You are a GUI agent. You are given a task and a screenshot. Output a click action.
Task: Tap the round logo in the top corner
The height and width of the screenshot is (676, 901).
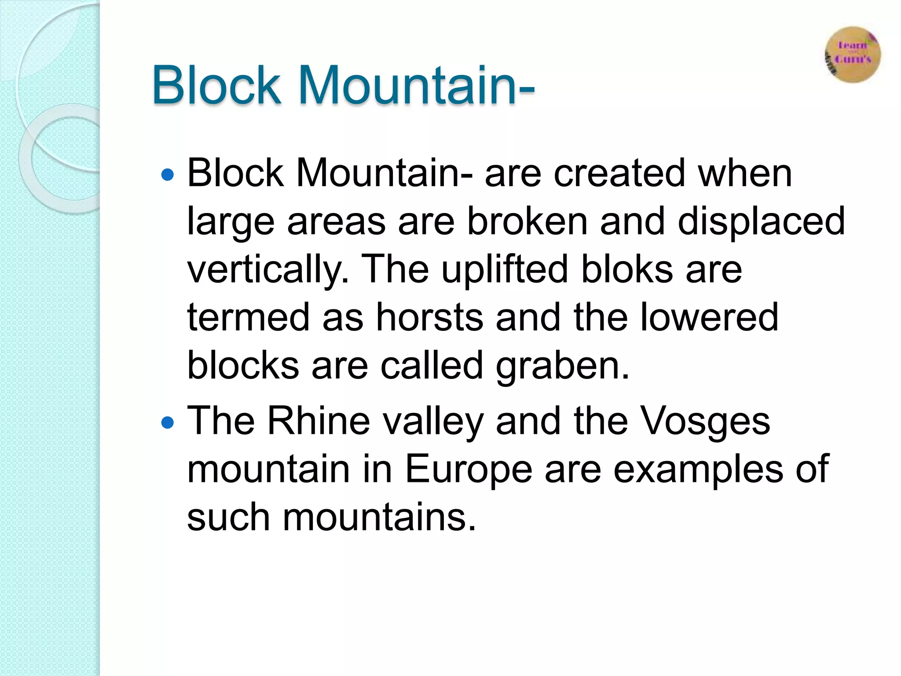coord(853,55)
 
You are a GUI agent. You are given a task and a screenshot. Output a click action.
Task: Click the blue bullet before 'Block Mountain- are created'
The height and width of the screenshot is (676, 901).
coord(168,175)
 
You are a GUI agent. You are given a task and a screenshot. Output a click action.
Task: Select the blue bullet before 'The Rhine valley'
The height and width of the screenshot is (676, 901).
coord(168,423)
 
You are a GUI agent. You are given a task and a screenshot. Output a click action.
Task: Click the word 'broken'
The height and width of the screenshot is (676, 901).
coord(527,221)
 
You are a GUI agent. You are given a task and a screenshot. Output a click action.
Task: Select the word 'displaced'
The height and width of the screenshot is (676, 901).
coord(761,221)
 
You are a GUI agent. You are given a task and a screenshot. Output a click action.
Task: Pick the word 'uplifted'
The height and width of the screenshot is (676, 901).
coord(505,269)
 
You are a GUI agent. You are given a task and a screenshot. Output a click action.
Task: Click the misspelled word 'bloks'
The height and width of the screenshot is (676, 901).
coord(627,269)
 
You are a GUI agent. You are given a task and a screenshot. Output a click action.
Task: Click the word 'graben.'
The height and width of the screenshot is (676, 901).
coord(563,366)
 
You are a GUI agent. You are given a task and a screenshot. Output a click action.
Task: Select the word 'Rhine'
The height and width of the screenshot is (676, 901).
coord(319,421)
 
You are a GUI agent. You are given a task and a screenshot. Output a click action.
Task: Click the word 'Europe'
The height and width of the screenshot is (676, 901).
coord(468,469)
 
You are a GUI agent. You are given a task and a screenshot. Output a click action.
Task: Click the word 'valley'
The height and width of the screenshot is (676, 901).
coord(433,422)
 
